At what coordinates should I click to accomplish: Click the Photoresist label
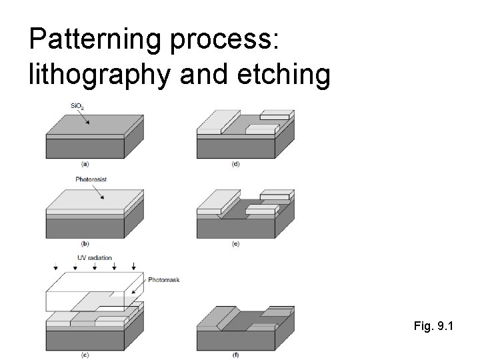click(x=91, y=179)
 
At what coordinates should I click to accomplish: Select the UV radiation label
click(x=95, y=257)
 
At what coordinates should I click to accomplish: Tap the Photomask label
click(x=165, y=281)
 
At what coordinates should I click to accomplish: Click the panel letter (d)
click(x=236, y=163)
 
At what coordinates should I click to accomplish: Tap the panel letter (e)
click(x=236, y=243)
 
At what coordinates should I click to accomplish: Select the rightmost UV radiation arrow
click(x=135, y=267)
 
